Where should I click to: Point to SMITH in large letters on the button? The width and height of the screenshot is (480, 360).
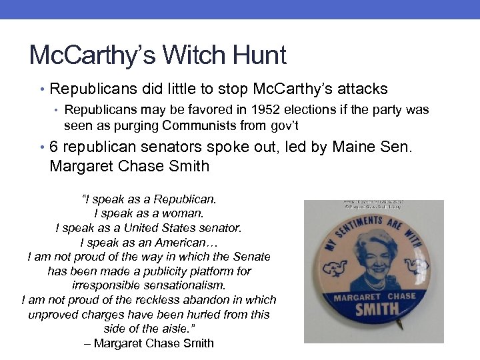coord(376,311)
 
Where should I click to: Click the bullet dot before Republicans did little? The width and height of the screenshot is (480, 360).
coord(42,89)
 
